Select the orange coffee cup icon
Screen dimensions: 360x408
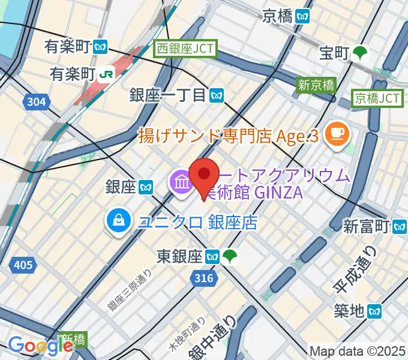click(335, 133)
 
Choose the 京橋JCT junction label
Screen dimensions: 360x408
click(377, 97)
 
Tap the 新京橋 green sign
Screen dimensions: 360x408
click(317, 85)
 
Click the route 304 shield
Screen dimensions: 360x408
click(37, 102)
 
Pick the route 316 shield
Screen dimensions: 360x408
click(204, 278)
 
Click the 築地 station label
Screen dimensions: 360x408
click(359, 311)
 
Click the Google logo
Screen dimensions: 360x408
click(40, 346)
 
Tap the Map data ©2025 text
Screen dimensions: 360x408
click(358, 352)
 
